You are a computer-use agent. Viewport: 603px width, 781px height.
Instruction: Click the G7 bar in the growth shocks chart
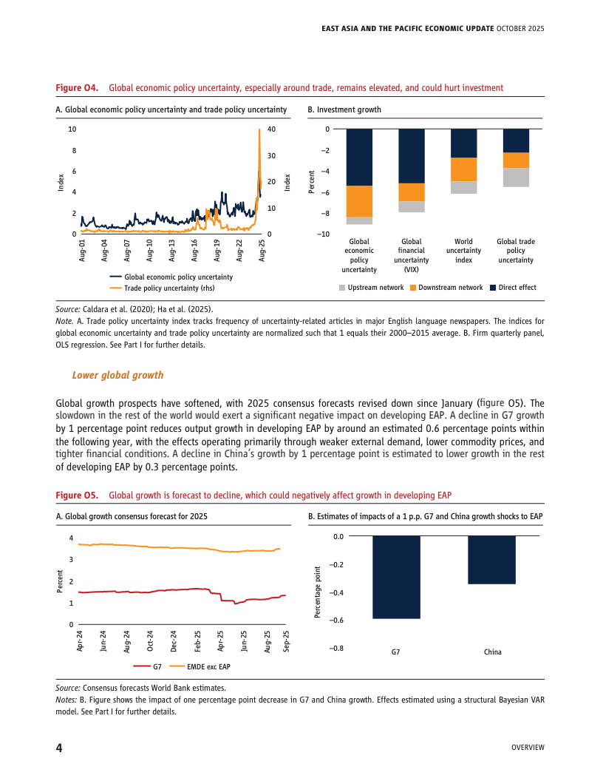click(395, 577)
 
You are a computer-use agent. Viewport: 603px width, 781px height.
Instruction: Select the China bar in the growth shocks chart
click(492, 560)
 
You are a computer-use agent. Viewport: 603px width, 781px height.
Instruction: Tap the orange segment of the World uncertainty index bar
click(463, 169)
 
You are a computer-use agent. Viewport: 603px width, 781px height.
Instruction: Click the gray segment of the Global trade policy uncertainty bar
click(516, 177)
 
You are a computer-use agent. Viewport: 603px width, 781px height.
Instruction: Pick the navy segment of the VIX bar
click(412, 156)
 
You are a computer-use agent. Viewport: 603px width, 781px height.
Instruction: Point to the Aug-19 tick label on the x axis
click(217, 251)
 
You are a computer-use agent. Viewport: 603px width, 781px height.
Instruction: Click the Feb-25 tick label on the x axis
click(197, 641)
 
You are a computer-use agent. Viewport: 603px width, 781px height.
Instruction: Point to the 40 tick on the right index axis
click(271, 129)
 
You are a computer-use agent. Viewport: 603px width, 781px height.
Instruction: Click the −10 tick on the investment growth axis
click(323, 234)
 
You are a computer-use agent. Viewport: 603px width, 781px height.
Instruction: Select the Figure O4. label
click(78, 87)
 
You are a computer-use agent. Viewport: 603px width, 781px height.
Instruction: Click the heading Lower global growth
click(117, 375)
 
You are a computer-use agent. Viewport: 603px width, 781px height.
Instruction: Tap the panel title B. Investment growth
click(344, 109)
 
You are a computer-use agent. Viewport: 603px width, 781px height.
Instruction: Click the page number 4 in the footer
click(59, 747)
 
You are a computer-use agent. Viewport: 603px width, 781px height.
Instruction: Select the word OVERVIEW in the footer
click(528, 748)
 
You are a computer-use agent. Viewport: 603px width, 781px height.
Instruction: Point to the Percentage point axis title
click(317, 592)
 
